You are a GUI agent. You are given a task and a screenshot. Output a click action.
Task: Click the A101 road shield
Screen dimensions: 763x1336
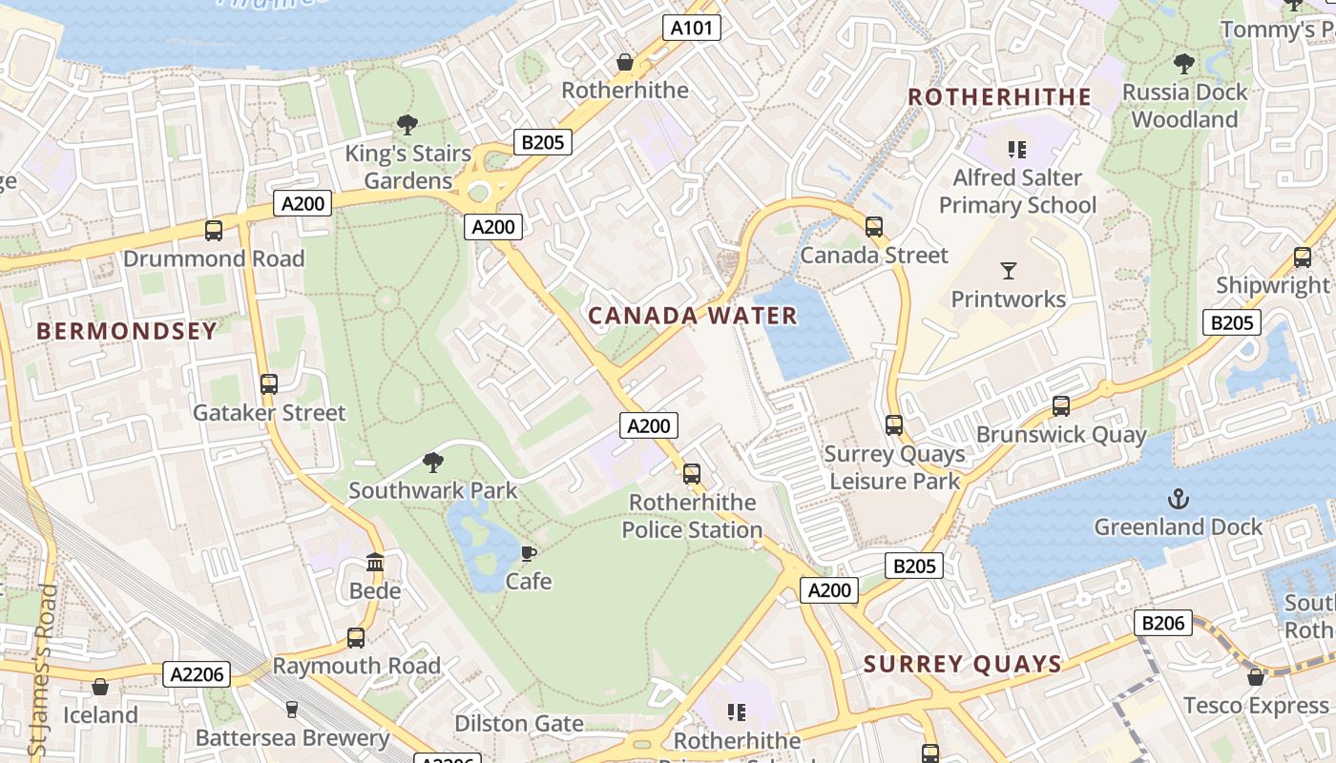691,28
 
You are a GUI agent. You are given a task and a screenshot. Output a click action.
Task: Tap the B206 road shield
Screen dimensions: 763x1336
1163,624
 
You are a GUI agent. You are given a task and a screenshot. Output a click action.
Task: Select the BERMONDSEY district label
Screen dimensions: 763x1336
127,331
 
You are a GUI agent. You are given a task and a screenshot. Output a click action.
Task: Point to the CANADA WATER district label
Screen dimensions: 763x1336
692,316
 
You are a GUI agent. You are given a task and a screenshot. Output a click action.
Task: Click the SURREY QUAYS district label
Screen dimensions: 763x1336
963,664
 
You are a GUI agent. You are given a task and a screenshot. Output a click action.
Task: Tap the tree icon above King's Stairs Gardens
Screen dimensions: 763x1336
407,125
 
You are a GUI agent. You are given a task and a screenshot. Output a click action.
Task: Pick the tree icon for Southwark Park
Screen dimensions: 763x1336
433,463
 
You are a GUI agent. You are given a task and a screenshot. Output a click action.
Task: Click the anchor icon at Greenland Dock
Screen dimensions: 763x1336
1179,499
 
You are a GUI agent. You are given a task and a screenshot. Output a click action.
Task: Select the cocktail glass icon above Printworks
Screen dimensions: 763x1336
1009,271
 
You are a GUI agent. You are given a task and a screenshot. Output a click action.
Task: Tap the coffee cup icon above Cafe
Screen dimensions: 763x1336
529,553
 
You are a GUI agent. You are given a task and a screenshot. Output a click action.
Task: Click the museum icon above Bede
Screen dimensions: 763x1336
375,563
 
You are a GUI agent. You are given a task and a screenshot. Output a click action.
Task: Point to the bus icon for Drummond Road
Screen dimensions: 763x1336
214,231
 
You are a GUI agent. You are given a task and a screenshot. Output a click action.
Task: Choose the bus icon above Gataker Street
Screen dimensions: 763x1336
269,384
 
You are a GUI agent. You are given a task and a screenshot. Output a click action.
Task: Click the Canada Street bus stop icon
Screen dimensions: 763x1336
874,227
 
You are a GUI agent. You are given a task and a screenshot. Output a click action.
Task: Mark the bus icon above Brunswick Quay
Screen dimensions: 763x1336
1061,406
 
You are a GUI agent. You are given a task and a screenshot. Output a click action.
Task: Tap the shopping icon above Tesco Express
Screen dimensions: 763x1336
1256,677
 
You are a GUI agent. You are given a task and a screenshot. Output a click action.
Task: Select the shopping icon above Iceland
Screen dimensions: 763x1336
100,687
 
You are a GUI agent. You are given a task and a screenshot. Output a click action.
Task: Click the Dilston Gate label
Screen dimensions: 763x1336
518,724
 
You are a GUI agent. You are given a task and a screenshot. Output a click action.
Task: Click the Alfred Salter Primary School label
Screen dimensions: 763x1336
1017,192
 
